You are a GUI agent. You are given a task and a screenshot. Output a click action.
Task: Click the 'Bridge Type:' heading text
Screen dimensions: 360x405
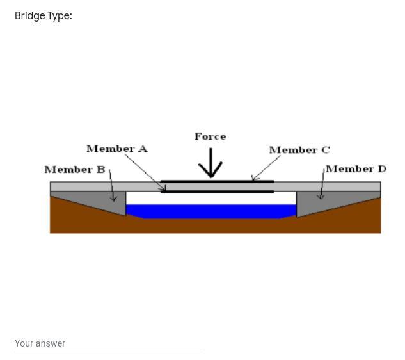(x=43, y=16)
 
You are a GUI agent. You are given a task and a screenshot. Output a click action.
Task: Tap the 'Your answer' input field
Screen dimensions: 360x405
(x=109, y=343)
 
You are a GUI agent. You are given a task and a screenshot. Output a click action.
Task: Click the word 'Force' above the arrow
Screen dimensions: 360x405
(x=210, y=136)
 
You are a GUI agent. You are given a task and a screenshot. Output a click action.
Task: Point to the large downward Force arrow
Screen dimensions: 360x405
(x=210, y=163)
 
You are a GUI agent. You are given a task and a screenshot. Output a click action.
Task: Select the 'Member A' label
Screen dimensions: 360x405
(x=116, y=149)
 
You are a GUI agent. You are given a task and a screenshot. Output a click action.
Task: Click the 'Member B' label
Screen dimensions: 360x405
(x=74, y=170)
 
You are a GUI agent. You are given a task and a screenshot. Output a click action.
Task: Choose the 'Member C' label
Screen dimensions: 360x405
(x=299, y=150)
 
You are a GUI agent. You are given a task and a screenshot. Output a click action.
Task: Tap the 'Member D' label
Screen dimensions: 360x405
(x=356, y=169)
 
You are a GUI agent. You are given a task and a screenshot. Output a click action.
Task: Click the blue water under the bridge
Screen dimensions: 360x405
(x=211, y=211)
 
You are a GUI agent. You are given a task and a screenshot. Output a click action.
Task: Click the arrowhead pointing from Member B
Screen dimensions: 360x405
(x=114, y=198)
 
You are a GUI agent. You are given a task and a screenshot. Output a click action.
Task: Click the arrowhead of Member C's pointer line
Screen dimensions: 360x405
(x=255, y=178)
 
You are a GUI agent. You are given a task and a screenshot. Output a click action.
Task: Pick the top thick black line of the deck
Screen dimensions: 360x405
(x=218, y=181)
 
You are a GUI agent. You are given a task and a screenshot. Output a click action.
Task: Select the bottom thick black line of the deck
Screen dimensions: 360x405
(x=218, y=191)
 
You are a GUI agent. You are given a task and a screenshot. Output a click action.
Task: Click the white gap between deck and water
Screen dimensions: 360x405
(x=211, y=198)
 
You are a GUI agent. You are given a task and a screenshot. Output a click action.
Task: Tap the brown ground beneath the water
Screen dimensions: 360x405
(x=211, y=226)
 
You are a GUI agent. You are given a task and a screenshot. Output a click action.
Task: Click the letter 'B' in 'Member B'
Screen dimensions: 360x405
(x=101, y=170)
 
